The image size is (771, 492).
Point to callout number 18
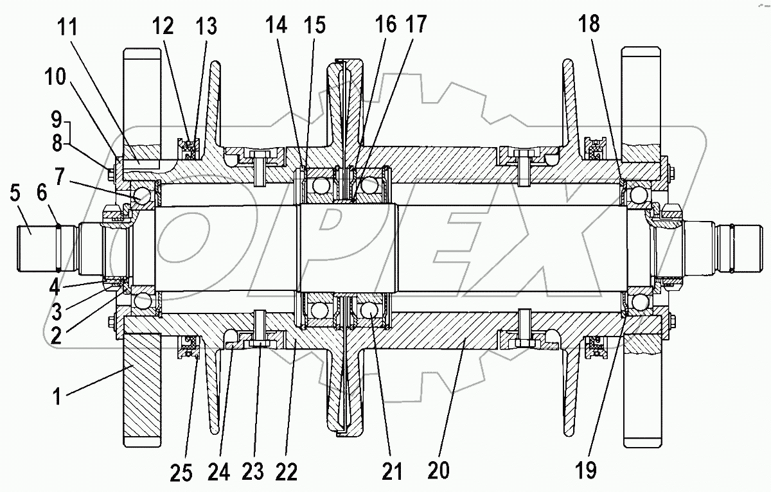point(589,24)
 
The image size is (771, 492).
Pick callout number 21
point(391,471)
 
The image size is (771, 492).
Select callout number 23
point(253,473)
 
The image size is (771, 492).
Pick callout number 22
point(287,473)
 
